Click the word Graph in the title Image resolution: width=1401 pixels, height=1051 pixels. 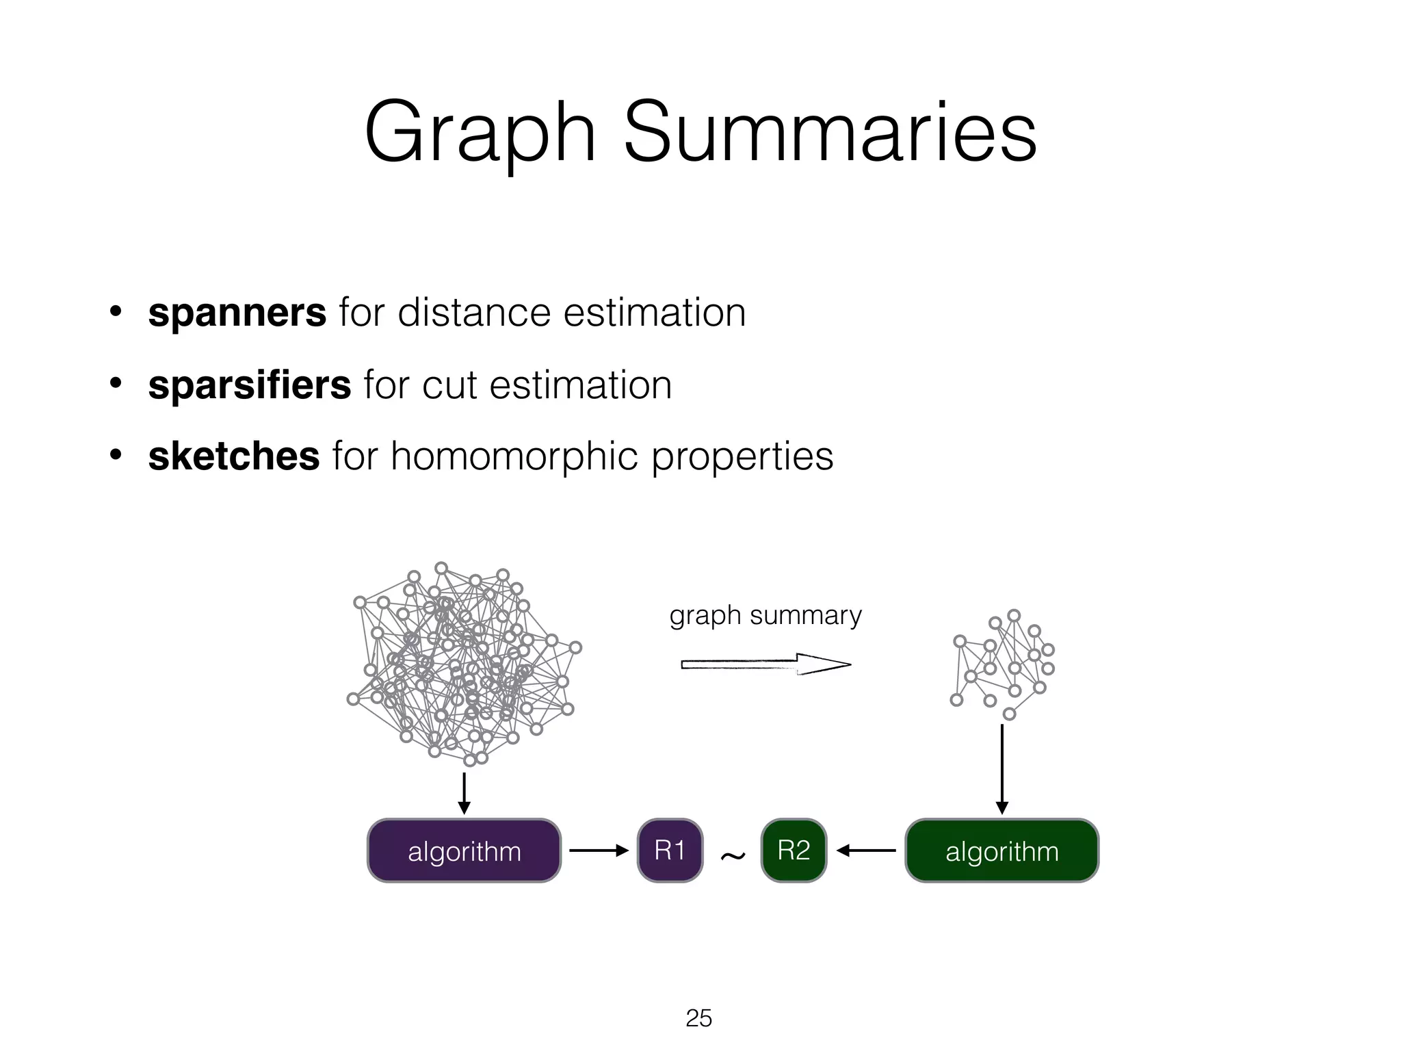pyautogui.click(x=480, y=133)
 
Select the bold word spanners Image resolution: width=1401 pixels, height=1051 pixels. pyautogui.click(x=237, y=313)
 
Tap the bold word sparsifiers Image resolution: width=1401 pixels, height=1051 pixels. pyautogui.click(x=250, y=385)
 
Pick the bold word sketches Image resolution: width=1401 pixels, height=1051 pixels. pyautogui.click(x=234, y=456)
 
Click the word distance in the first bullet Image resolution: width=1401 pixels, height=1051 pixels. pyautogui.click(x=474, y=313)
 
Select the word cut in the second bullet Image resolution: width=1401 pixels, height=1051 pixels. pyautogui.click(x=449, y=385)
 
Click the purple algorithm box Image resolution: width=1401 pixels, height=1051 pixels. pyautogui.click(x=464, y=851)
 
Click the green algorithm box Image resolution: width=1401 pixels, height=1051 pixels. pyautogui.click(x=1001, y=851)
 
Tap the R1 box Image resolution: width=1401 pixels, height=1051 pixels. pyautogui.click(x=670, y=851)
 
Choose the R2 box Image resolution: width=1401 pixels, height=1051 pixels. pyautogui.click(x=794, y=851)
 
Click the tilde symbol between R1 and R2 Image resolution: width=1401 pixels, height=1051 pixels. pyautogui.click(x=733, y=855)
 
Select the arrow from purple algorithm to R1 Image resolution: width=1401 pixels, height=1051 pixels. pyautogui.click(x=599, y=851)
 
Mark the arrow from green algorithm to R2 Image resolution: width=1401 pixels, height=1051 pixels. pyautogui.click(x=866, y=851)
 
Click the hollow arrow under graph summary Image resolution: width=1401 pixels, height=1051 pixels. pyautogui.click(x=766, y=664)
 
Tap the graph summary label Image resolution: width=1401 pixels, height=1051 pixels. pyautogui.click(x=765, y=615)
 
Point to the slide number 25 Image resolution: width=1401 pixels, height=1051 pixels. pyautogui.click(x=698, y=1018)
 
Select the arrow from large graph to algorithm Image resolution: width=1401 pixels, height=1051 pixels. pyautogui.click(x=464, y=793)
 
